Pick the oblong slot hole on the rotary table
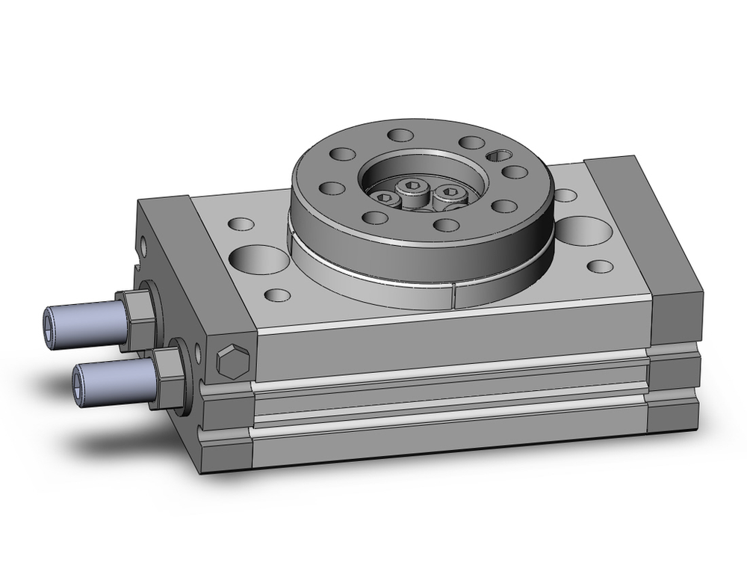coord(498,155)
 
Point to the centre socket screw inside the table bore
coord(412,188)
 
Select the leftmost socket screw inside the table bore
coord(386,197)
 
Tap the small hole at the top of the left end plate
coord(144,244)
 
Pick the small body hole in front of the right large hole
coord(601,266)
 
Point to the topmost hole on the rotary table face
coord(401,135)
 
